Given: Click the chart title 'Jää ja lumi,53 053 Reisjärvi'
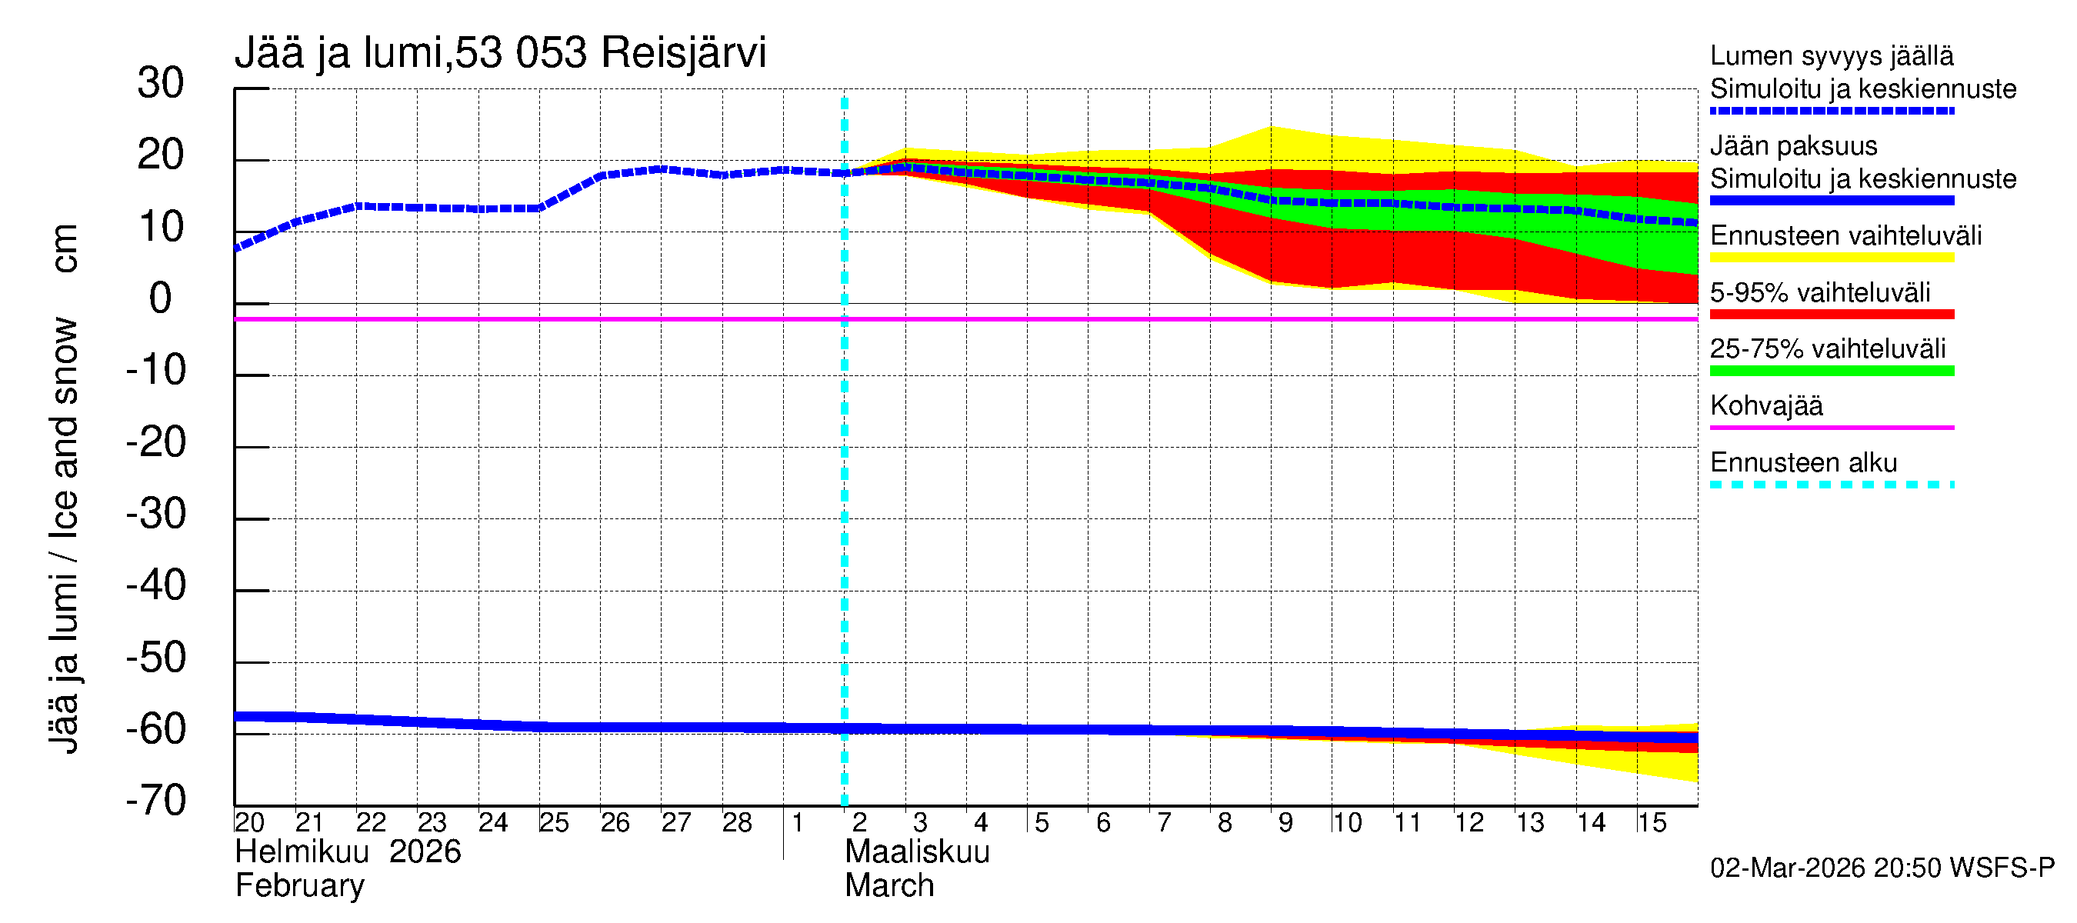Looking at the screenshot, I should click(500, 53).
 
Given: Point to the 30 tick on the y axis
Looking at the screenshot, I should click(161, 83).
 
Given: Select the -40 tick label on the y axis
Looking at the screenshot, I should click(155, 585).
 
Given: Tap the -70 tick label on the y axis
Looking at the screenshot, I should click(155, 801).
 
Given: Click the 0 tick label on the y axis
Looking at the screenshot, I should click(161, 298).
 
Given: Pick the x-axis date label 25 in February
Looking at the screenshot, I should click(554, 822).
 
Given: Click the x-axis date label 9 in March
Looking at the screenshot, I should click(1285, 822).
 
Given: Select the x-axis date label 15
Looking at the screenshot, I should click(1652, 822).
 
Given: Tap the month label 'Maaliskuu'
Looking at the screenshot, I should click(917, 852).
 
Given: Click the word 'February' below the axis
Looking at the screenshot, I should click(299, 886).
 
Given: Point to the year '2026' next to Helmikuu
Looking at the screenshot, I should click(425, 852).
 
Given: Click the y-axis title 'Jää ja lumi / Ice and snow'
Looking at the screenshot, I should click(65, 536).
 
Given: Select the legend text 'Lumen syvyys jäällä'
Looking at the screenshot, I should click(1832, 55).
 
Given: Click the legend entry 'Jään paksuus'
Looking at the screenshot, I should click(1793, 146).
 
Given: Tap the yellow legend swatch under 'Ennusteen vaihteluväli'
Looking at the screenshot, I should click(1832, 258).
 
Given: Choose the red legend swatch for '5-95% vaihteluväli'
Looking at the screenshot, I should click(1832, 315).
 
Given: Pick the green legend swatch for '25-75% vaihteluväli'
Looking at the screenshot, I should click(1832, 371).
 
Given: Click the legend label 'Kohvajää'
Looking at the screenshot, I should click(1765, 405).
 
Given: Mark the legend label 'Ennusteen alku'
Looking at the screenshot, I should click(1804, 463).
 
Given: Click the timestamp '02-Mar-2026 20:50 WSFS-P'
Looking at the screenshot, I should click(1882, 868).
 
